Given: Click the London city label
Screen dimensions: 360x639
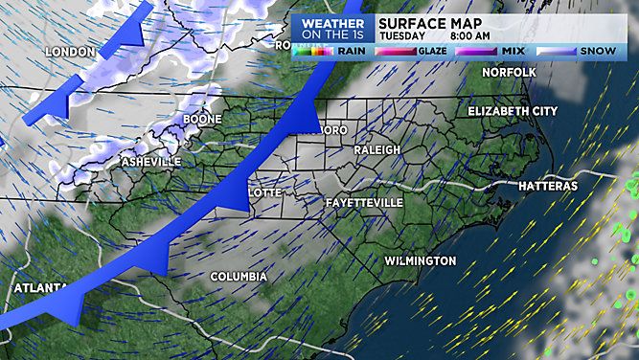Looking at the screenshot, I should tap(70, 52).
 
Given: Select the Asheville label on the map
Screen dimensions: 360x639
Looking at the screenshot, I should tap(150, 163).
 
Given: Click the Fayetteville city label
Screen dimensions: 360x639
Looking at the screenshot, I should tap(364, 204).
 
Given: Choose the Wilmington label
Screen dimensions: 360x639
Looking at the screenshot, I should tap(420, 261).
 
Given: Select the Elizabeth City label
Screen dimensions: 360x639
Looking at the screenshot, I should tap(512, 112).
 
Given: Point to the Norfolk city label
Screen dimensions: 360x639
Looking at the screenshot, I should tap(508, 71).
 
